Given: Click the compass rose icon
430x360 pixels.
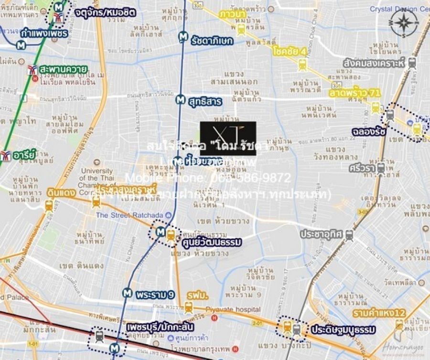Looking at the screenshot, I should point(404,23).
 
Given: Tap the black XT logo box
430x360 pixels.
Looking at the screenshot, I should point(228,138).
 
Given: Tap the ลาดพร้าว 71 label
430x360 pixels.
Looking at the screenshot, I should point(355,92).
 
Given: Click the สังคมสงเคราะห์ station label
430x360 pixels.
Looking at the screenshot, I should point(374,63).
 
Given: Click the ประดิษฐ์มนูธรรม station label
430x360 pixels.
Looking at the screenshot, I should point(344,330).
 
